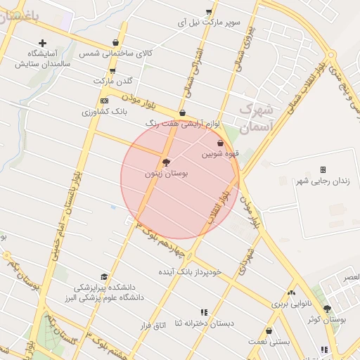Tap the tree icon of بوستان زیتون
pyautogui.click(x=166, y=162)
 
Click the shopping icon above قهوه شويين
pyautogui.click(x=220, y=143)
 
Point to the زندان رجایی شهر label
pyautogui.click(x=325, y=181)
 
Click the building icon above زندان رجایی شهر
pyautogui.click(x=323, y=170)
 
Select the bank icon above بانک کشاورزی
pyautogui.click(x=104, y=101)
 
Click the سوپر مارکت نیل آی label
pyautogui.click(x=211, y=22)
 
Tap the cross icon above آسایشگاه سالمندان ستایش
pyautogui.click(x=42, y=43)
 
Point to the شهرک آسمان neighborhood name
pyautogui.click(x=255, y=118)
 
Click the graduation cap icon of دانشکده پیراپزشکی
pyautogui.click(x=105, y=276)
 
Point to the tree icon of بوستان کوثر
pyautogui.click(x=327, y=309)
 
